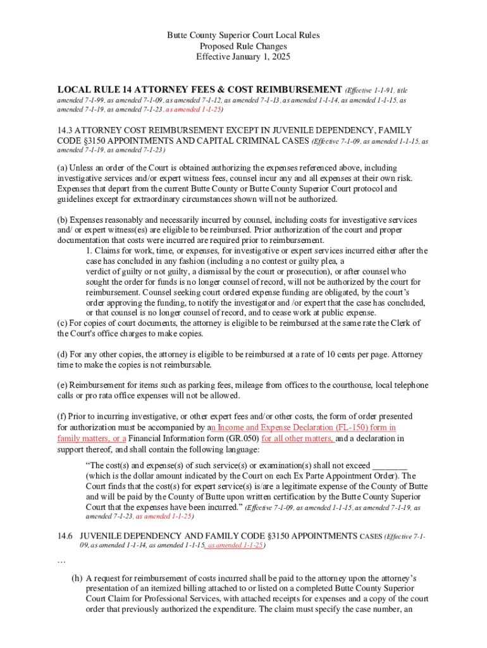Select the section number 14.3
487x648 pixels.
pos(66,131)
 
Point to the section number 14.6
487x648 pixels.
pos(66,535)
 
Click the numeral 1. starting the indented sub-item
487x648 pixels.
pos(89,251)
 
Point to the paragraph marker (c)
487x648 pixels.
pos(62,323)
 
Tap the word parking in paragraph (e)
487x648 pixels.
pos(195,385)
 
